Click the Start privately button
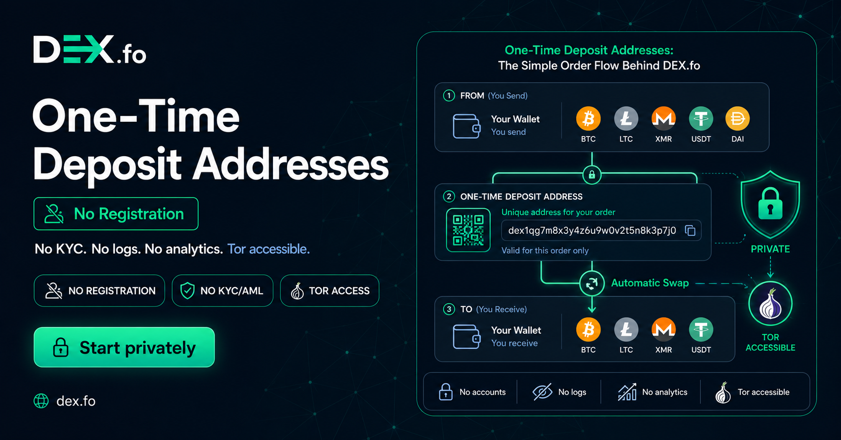coord(124,347)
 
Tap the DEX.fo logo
coord(90,49)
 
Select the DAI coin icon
coord(738,119)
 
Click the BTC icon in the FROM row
coord(588,119)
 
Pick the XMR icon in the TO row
coord(663,330)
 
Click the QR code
coord(468,230)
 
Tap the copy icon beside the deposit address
coord(690,230)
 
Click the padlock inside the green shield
coord(770,204)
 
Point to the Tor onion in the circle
coord(770,304)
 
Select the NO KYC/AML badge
coord(223,291)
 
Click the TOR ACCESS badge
coord(330,291)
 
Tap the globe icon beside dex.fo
coord(41,401)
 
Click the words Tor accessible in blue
coord(268,249)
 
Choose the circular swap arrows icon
coord(592,283)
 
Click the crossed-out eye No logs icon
coord(543,392)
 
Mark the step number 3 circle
coord(449,309)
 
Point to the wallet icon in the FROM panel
coord(467,126)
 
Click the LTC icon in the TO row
coord(626,330)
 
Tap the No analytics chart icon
coord(627,392)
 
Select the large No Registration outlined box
coord(116,213)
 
